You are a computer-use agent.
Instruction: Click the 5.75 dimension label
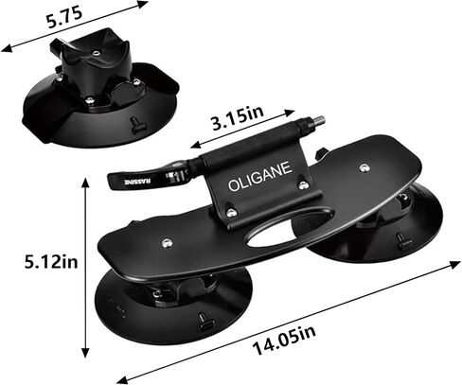pos(64,18)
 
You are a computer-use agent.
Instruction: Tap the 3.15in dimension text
pos(238,118)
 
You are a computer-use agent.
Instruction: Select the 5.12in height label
pos(51,261)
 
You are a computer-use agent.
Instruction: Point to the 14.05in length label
pos(284,341)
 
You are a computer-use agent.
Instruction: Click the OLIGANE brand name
pos(259,177)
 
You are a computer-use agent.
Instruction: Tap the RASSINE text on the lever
pos(138,182)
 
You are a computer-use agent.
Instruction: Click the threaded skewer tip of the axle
pos(319,120)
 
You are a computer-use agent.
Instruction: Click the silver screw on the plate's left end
pos(167,243)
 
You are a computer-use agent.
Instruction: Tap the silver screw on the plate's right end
pos(364,167)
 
